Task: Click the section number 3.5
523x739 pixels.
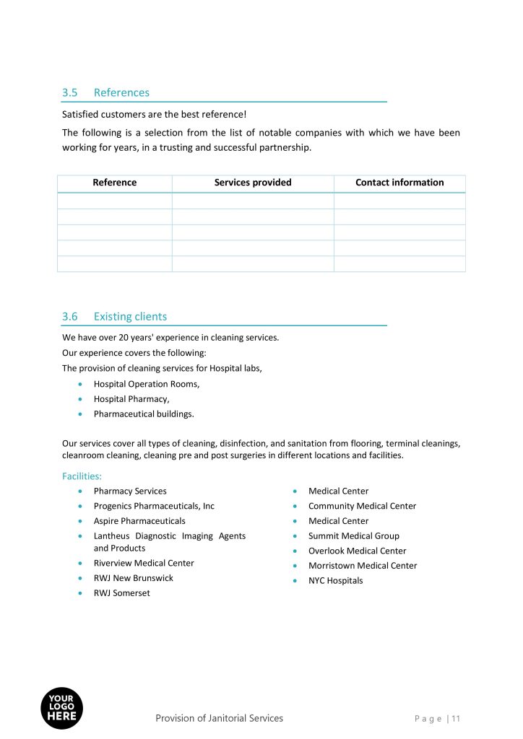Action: [x=69, y=92]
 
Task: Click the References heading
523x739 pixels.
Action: [x=121, y=92]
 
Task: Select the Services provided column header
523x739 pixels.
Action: [x=253, y=183]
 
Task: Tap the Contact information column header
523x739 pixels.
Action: [x=399, y=183]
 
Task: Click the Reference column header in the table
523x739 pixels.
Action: [x=114, y=183]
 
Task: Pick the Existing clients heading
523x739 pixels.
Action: [x=130, y=316]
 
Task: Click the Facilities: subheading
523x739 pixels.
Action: [x=82, y=476]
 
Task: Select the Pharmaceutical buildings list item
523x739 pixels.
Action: [x=144, y=414]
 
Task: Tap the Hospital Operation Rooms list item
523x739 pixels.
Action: [x=147, y=384]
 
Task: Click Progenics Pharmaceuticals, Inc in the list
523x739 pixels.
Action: [x=154, y=506]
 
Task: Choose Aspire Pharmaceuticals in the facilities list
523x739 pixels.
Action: [x=139, y=521]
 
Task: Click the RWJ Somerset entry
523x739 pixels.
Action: [x=122, y=593]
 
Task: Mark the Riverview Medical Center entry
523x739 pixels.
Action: [x=144, y=563]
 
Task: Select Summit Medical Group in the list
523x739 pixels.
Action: [x=354, y=536]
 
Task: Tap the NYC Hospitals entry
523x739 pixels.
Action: [x=336, y=581]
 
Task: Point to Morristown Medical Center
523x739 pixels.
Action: [x=363, y=566]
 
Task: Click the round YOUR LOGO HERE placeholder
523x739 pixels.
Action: [x=61, y=708]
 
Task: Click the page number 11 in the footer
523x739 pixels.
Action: [x=456, y=718]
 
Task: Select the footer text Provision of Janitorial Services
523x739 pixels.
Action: [x=219, y=718]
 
